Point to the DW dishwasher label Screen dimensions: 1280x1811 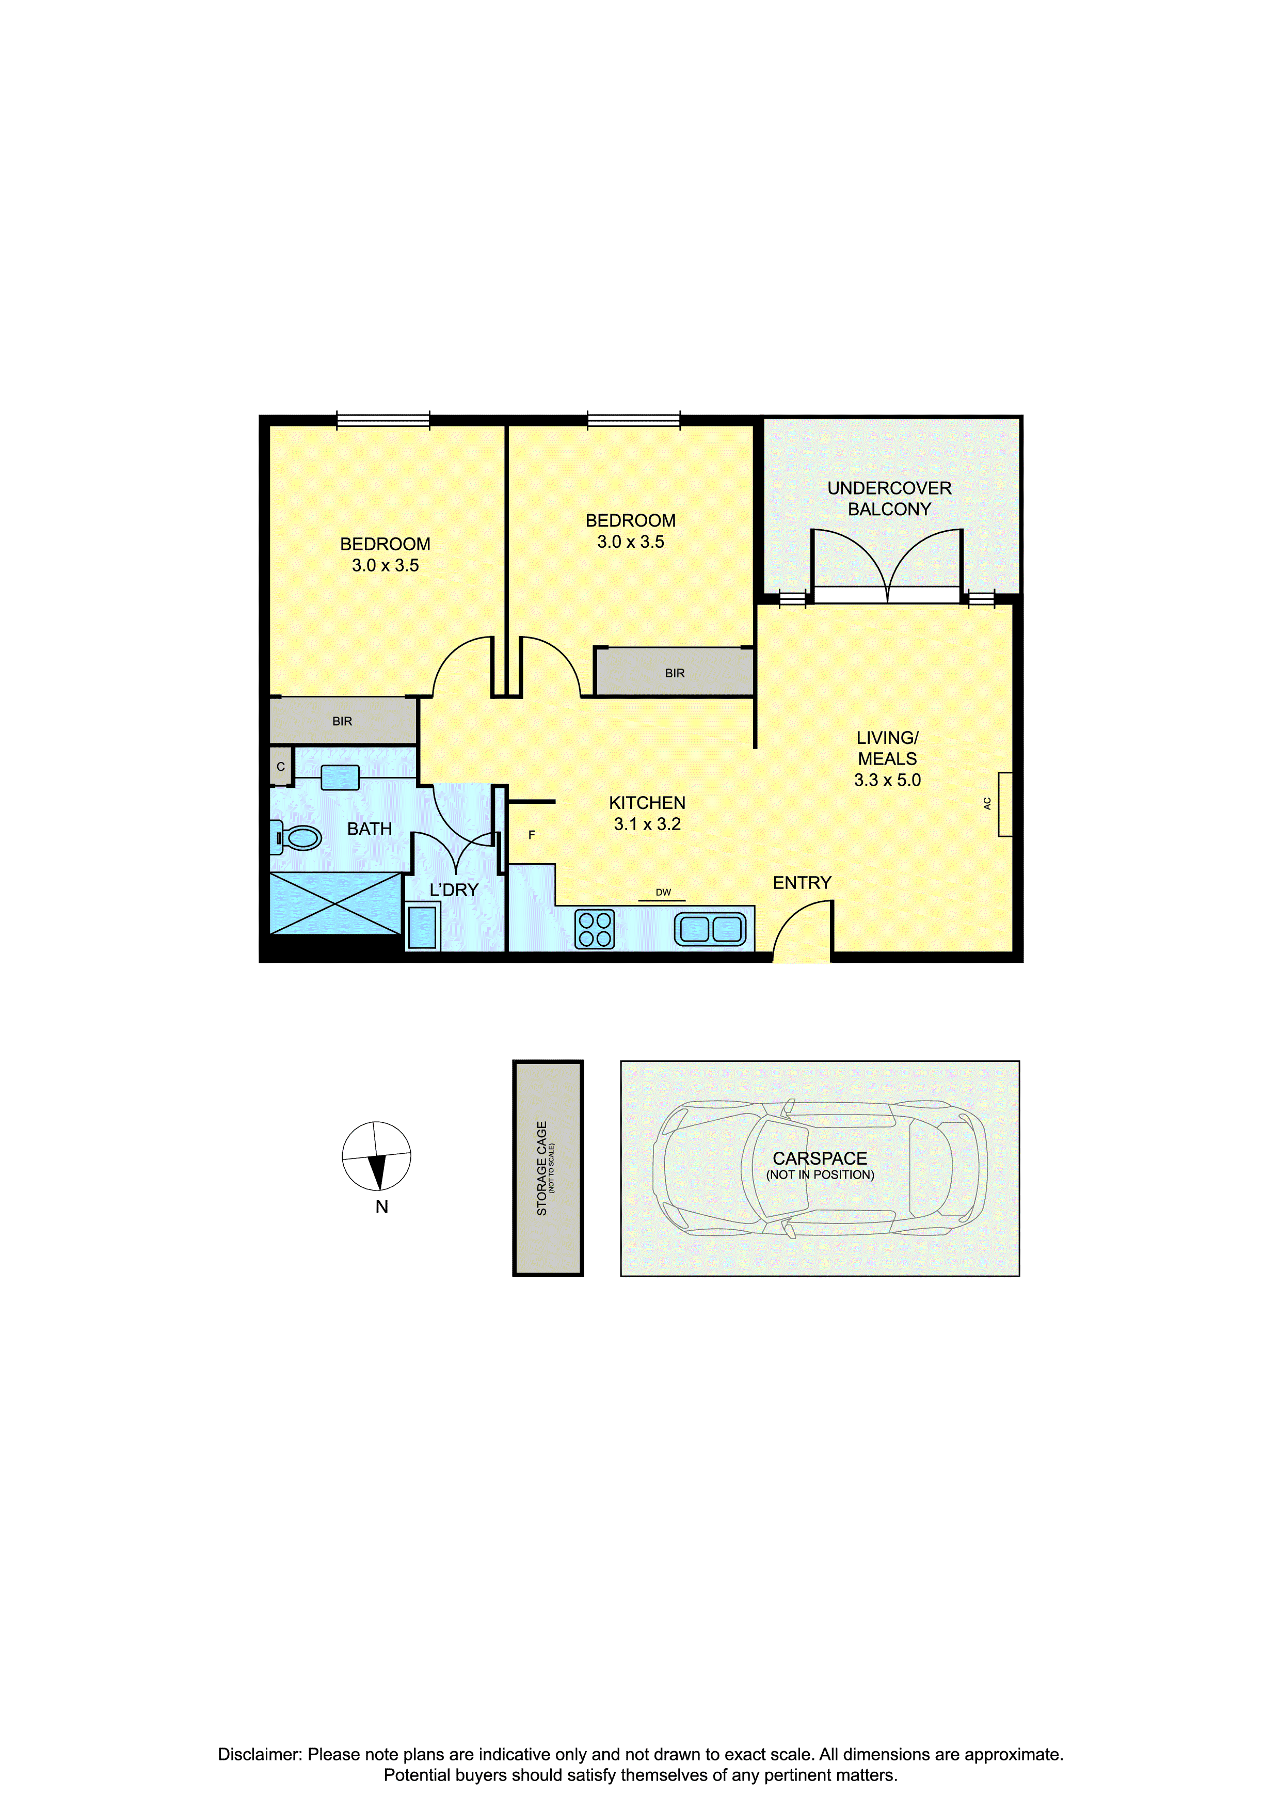(x=663, y=892)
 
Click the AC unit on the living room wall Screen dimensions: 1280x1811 (x=1005, y=804)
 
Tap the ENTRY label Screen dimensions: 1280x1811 (x=802, y=883)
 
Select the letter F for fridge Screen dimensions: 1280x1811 (x=532, y=834)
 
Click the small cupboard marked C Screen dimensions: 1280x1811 (x=281, y=766)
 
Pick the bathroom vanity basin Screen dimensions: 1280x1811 (x=340, y=777)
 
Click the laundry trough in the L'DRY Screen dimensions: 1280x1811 (x=423, y=927)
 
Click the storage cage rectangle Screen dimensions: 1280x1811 (x=548, y=1168)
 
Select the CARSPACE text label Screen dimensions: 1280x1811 (x=820, y=1158)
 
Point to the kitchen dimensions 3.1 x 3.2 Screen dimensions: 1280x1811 (x=648, y=824)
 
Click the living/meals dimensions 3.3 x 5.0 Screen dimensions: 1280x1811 (x=887, y=780)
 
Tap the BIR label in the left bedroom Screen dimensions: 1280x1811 (x=342, y=721)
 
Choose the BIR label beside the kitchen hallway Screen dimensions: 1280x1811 (x=675, y=673)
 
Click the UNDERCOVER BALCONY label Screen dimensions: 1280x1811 (x=890, y=499)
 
